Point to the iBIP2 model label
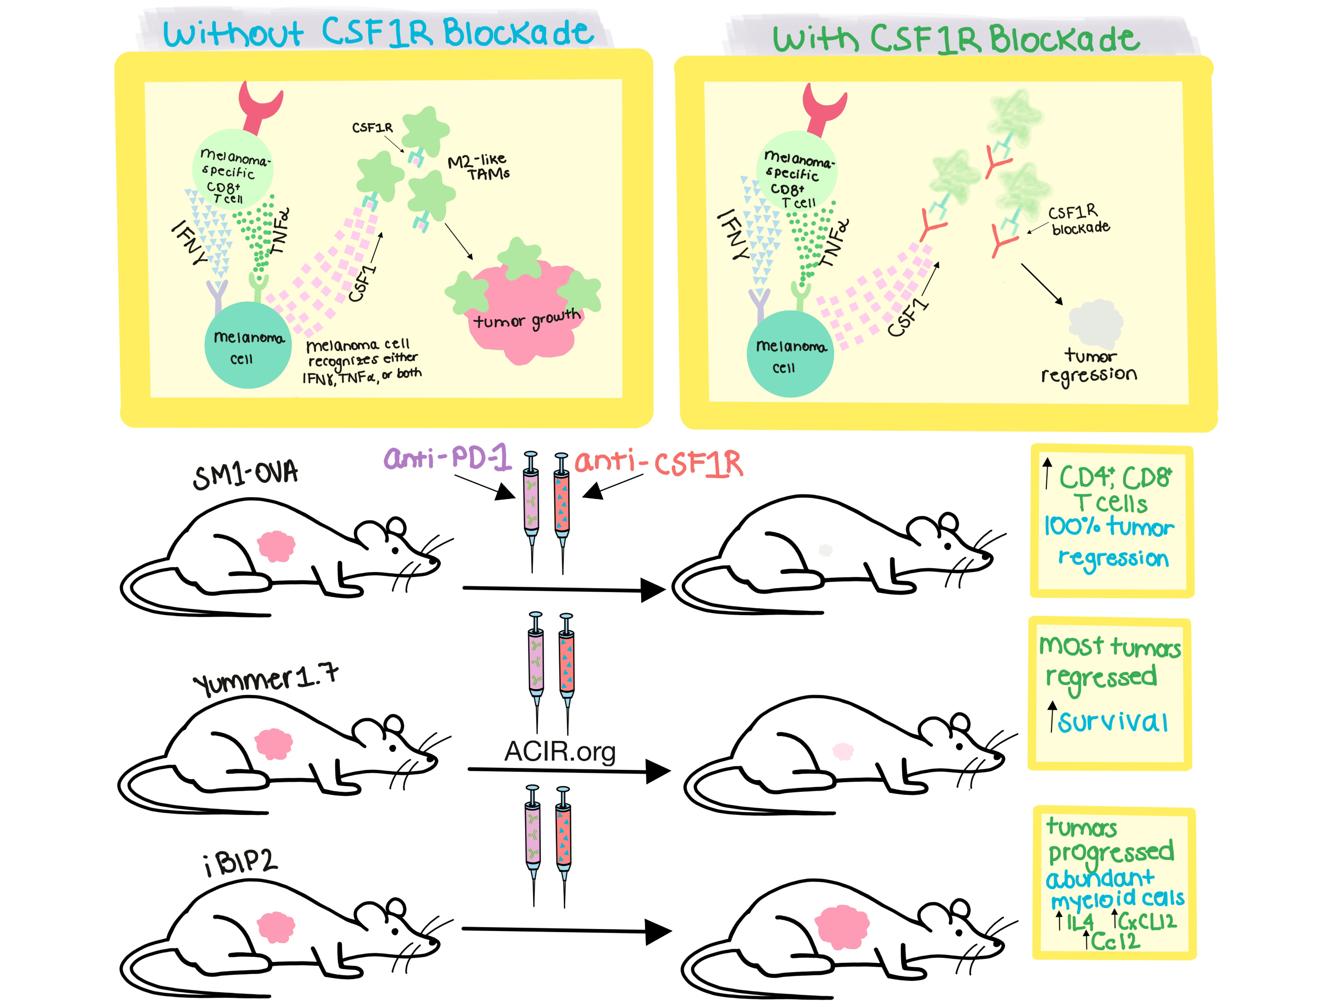click(241, 862)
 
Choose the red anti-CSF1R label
click(659, 463)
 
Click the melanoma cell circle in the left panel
click(248, 345)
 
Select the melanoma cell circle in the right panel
click(790, 354)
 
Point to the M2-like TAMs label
click(479, 167)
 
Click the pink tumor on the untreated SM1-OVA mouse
click(276, 546)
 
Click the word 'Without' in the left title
click(233, 34)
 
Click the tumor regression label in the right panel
click(1089, 366)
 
